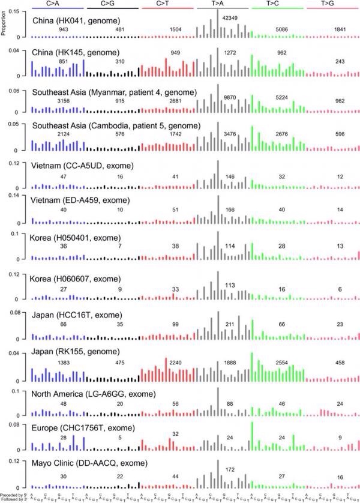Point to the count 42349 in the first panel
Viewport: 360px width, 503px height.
(x=230, y=19)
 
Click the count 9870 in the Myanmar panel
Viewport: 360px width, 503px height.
(x=230, y=97)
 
